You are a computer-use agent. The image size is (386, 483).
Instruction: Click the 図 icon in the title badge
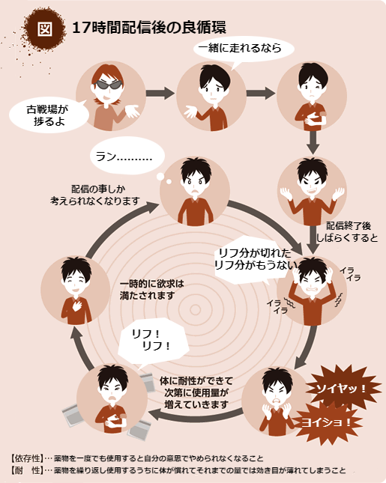45,29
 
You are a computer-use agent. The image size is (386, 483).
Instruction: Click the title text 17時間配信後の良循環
149,28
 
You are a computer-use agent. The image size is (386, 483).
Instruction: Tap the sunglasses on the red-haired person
107,85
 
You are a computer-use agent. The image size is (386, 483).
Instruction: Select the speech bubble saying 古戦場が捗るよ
48,115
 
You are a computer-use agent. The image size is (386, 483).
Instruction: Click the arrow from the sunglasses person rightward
160,93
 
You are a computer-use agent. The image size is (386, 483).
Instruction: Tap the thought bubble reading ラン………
127,157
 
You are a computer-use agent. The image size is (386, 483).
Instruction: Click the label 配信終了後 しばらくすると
348,231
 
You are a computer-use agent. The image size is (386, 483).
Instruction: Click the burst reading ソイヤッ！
342,388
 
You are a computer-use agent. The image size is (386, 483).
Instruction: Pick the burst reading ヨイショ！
326,422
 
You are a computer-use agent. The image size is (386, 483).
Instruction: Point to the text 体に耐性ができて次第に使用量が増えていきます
196,392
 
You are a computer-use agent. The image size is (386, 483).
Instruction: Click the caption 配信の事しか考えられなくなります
95,195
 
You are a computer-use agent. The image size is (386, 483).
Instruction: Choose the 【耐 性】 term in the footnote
26,470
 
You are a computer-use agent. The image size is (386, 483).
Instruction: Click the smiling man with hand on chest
76,290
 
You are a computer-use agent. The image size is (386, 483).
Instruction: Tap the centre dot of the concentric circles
195,309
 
